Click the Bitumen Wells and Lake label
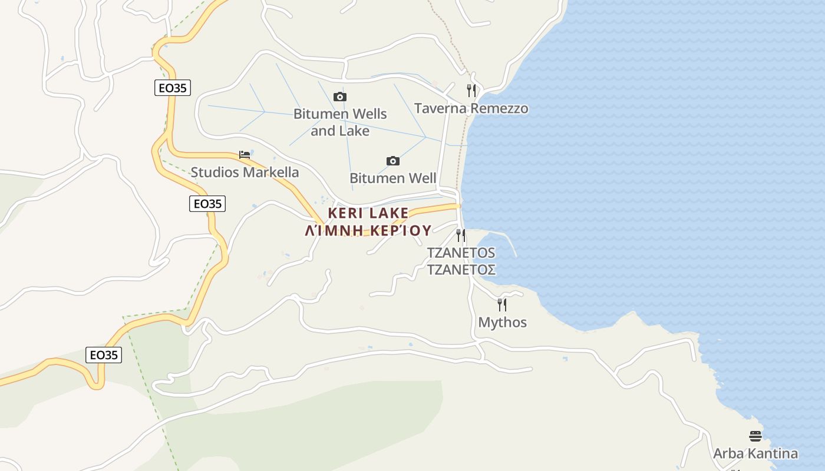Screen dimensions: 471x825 340,122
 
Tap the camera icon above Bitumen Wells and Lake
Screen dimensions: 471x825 340,97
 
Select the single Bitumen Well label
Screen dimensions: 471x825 393,178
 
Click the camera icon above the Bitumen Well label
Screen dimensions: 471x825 393,161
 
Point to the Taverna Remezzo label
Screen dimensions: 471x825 471,108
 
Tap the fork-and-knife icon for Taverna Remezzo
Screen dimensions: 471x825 471,91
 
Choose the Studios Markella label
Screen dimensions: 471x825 245,173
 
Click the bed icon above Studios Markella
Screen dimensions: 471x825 245,155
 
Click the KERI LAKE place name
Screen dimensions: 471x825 368,213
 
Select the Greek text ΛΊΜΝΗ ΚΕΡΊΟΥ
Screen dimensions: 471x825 368,230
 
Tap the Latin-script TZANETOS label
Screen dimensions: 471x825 461,253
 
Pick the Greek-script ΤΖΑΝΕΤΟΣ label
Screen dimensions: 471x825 461,270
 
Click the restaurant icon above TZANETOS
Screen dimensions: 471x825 461,235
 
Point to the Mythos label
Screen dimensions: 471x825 502,323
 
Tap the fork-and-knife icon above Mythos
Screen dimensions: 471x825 502,305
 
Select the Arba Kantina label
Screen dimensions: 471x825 755,453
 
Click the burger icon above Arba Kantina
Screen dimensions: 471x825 755,436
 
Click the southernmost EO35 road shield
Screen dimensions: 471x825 104,355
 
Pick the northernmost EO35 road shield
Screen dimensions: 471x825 173,88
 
